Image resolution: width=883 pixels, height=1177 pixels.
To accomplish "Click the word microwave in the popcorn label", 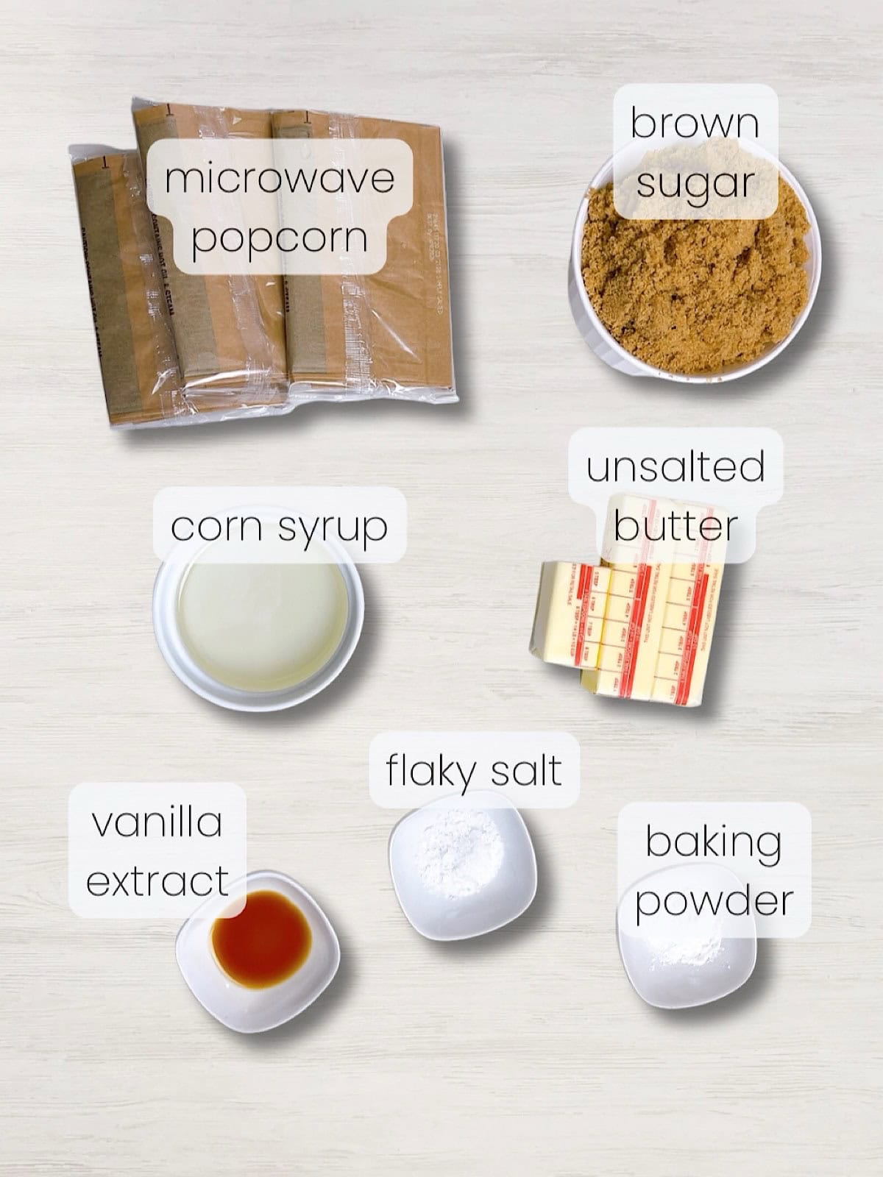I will pos(280,179).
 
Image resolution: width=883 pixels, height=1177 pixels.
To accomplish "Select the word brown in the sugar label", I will pos(694,124).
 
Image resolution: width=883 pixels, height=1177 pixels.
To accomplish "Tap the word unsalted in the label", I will pos(675,466).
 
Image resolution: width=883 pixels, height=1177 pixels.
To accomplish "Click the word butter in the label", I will pos(675,525).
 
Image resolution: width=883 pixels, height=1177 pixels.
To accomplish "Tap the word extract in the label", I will pos(157,881).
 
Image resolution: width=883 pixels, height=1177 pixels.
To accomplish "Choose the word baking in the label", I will pos(713,843).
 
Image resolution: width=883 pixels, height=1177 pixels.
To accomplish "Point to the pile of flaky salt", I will pos(462,853).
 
